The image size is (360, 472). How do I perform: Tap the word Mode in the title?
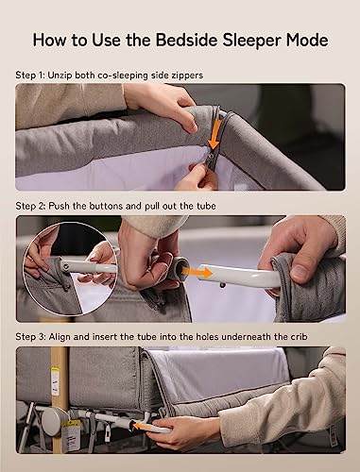[x=307, y=40]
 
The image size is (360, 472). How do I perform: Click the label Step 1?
[x=30, y=76]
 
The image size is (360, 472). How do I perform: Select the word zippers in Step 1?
[x=187, y=76]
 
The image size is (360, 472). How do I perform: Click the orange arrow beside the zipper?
[x=215, y=134]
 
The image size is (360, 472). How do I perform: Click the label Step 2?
[x=31, y=207]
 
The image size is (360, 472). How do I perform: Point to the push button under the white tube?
[x=223, y=285]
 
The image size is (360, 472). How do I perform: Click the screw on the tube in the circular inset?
[x=66, y=267]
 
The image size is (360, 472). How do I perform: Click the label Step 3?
[x=31, y=337]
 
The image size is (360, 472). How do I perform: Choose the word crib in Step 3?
[x=299, y=337]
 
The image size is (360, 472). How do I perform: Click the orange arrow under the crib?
[x=144, y=426]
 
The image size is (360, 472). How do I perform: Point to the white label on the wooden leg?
[x=56, y=380]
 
